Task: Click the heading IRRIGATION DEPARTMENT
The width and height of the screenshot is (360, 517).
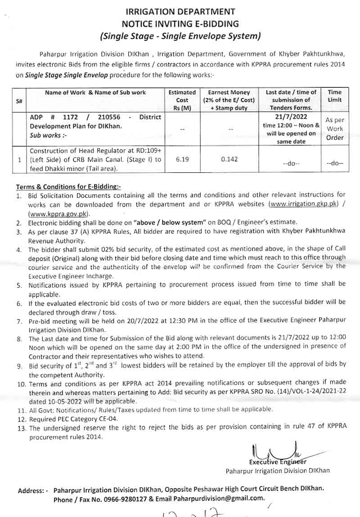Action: pos(180,12)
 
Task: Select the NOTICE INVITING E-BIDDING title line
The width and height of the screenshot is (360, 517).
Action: pos(180,23)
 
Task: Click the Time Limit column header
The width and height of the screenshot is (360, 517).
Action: pos(334,96)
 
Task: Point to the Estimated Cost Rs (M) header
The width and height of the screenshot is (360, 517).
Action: pos(182,100)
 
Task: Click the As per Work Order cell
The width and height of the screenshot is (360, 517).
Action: pos(334,129)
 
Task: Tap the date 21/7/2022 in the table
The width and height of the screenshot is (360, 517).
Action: pos(292,117)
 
